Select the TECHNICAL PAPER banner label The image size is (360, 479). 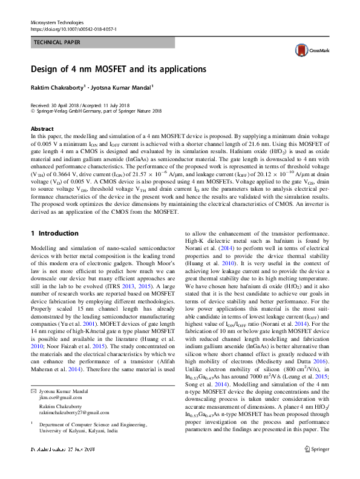(x=56, y=43)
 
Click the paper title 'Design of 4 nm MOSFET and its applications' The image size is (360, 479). (x=118, y=69)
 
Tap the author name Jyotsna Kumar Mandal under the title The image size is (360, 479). (x=123, y=87)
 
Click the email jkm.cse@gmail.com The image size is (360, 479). (x=56, y=398)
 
